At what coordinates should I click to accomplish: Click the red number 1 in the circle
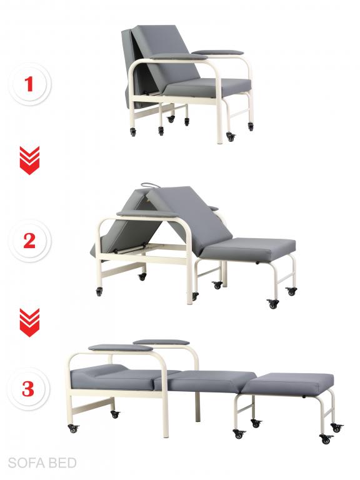tap(29, 84)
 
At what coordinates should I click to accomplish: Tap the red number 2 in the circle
tap(29, 241)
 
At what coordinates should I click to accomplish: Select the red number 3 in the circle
tap(28, 389)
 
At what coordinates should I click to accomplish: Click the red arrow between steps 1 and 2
tap(30, 160)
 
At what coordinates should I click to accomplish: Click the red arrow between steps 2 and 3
tap(30, 322)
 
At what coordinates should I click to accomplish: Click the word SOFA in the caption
tap(26, 463)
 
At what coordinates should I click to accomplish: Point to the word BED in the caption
tap(62, 463)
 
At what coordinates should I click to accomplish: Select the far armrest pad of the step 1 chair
tap(218, 52)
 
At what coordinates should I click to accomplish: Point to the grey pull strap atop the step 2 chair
tap(151, 186)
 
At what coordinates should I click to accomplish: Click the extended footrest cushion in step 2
tap(249, 249)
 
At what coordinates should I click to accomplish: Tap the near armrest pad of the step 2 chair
tap(146, 213)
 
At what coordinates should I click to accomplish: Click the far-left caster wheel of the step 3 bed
tap(73, 428)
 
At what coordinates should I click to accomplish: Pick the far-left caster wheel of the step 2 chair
tap(99, 291)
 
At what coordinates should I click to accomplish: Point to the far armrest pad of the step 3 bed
tap(161, 342)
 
